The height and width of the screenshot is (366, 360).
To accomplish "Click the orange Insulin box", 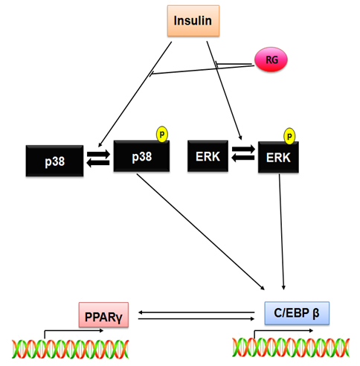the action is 193,21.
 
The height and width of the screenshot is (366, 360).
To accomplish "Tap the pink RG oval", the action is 271,60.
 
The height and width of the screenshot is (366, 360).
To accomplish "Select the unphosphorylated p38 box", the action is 54,161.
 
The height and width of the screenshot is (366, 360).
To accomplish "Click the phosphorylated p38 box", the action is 141,156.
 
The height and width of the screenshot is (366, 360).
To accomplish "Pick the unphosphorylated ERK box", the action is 208,156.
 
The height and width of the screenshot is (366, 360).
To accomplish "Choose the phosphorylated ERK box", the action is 278,157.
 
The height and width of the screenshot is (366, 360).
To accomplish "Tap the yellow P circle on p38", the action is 162,134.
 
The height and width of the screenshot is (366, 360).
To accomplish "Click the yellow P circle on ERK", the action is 289,136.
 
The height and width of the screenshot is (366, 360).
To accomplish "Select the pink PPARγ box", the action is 103,315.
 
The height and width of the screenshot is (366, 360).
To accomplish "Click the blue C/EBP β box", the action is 297,313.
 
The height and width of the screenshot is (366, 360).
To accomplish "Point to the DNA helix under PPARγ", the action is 71,349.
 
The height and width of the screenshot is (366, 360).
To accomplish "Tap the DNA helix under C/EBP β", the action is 291,347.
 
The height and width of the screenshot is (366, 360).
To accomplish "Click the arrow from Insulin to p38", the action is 135,94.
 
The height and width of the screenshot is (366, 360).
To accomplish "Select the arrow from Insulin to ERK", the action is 224,91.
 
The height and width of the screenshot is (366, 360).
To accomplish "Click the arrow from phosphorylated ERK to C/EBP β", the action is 282,232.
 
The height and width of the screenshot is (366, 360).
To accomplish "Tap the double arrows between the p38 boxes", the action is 98,158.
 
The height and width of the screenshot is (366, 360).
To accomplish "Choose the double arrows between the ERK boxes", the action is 243,153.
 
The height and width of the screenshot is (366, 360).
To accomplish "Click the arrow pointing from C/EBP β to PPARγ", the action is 196,312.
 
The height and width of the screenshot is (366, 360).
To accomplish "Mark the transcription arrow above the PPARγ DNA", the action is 74,333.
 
